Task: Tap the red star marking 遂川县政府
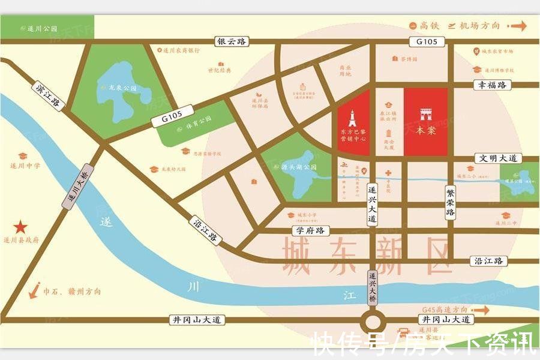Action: coord(22,227)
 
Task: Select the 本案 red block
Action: coord(425,122)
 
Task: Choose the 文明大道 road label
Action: coord(498,158)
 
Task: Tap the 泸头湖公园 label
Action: coord(299,168)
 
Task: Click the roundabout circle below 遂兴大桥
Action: coord(374,320)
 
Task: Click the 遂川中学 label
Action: coord(25,166)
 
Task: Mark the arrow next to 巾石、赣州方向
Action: coord(35,291)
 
